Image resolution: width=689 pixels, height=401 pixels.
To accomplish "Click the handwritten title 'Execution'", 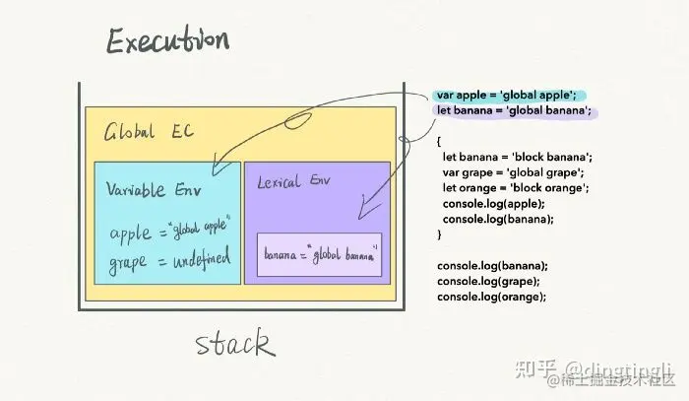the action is [x=167, y=41].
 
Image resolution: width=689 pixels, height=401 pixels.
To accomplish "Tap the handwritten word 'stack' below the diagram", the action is [x=234, y=344].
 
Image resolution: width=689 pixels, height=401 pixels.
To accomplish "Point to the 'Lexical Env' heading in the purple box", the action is [x=294, y=183].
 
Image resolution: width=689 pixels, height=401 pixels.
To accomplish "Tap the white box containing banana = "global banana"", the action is [x=320, y=255].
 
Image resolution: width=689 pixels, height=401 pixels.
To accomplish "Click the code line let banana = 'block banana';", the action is [x=517, y=158].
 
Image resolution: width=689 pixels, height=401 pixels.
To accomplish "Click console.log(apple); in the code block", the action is [x=494, y=204].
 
